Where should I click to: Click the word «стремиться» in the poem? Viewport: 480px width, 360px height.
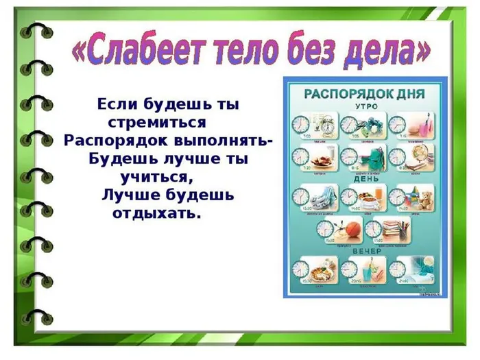pyautogui.click(x=158, y=123)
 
